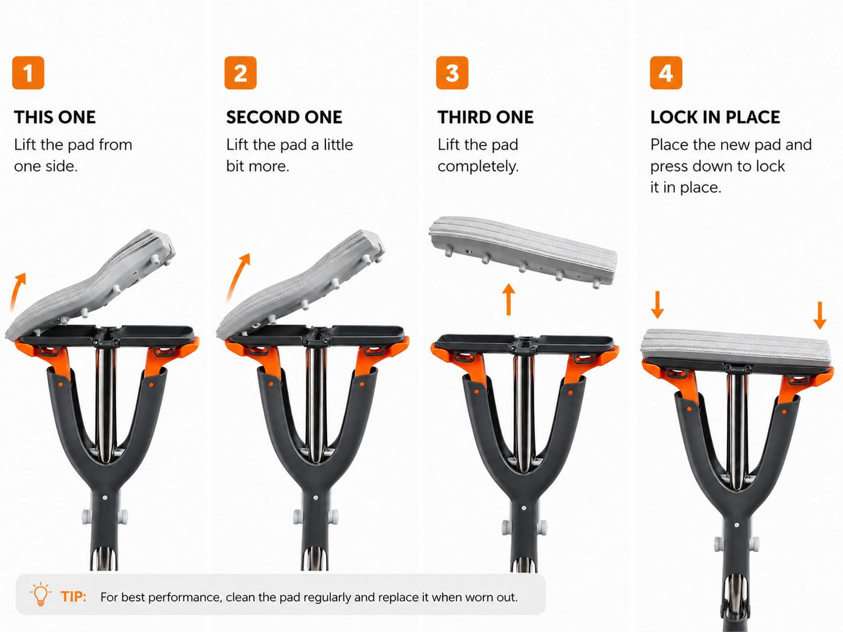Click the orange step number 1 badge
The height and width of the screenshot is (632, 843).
[x=28, y=72]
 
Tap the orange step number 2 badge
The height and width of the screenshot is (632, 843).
[x=240, y=72]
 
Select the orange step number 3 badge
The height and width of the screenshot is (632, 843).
[x=452, y=72]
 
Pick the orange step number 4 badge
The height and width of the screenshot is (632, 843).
[x=666, y=72]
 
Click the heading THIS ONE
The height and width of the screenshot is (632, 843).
[x=55, y=117]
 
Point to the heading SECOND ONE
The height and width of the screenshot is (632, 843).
[x=284, y=117]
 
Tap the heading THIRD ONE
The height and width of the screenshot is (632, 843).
[x=485, y=117]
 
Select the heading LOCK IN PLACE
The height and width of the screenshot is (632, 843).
[x=715, y=117]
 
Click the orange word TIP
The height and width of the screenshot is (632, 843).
[x=74, y=596]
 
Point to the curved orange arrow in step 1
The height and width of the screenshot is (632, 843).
[x=16, y=292]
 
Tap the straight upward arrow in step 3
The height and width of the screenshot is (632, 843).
[x=509, y=299]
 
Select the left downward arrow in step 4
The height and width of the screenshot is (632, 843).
[x=657, y=305]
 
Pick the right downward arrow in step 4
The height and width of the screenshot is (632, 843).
[x=820, y=315]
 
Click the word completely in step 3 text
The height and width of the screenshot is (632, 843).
[x=478, y=167]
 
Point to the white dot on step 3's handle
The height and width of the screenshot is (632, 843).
[x=524, y=508]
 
